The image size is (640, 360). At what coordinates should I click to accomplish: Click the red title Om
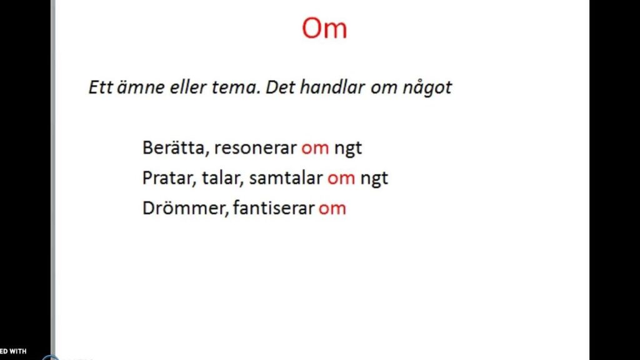coord(324,28)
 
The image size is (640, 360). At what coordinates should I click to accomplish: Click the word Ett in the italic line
coord(101,87)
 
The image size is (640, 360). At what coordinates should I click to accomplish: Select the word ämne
coord(141,87)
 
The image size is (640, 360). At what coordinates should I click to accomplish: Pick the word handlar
coord(332,87)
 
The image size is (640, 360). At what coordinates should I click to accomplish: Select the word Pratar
coord(169,178)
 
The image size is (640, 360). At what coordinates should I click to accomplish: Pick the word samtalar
coord(286,178)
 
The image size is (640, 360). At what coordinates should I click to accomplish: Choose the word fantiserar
coord(274,207)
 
